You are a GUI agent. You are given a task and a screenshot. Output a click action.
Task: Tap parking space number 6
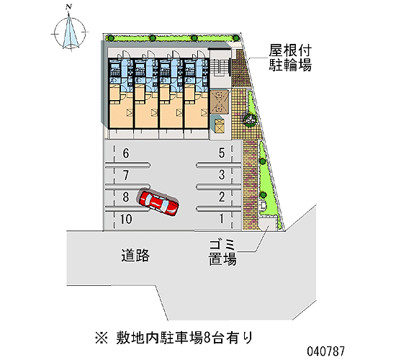(x=126, y=153)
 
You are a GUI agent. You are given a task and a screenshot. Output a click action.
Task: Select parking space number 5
(x=222, y=153)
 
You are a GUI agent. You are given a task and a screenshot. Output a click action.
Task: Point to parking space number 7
(x=126, y=175)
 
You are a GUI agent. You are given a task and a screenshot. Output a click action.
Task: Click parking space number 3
(x=222, y=175)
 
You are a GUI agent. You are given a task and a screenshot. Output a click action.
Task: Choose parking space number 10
(x=126, y=219)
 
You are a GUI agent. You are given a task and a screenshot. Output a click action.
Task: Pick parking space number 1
(x=222, y=219)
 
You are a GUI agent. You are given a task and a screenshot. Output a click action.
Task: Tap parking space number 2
(x=222, y=197)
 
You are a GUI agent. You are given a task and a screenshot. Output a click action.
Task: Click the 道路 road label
(x=135, y=255)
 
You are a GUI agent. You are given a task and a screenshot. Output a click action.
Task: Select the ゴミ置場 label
(x=222, y=253)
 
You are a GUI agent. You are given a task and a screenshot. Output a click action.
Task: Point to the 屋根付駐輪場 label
(x=290, y=58)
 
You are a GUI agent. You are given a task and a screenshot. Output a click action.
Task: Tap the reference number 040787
(x=325, y=351)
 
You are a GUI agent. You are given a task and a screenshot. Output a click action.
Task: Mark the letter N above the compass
(x=68, y=6)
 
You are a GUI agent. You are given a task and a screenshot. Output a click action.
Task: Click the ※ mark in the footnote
(x=102, y=338)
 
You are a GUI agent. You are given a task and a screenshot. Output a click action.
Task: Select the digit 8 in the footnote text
(x=207, y=338)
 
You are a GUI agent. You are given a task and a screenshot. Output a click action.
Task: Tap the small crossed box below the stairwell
(x=219, y=125)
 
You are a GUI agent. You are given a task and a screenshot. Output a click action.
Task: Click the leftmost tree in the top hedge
(x=110, y=38)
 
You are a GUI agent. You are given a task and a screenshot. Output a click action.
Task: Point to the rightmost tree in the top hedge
(x=235, y=38)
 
